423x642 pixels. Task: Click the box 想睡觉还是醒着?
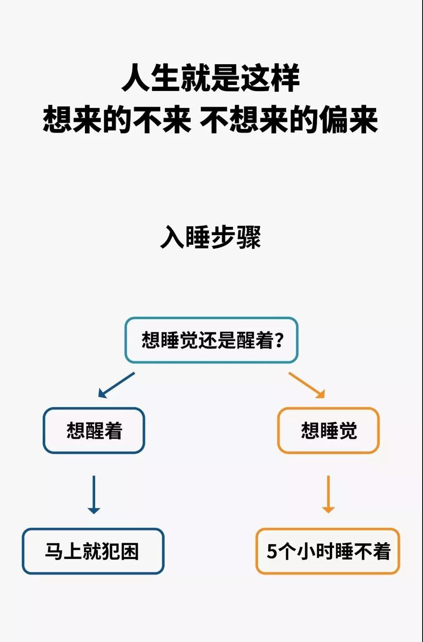coord(211,340)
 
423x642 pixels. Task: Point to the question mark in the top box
coord(280,340)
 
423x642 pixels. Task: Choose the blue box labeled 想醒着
coord(94,430)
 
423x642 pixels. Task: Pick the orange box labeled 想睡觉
coord(328,430)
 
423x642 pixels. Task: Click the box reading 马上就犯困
coord(93,551)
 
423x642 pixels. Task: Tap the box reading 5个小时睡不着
coord(328,551)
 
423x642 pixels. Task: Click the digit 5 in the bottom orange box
coord(272,551)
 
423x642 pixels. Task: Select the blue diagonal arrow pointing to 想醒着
coord(116,385)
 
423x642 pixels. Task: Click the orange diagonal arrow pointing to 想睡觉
coord(307,385)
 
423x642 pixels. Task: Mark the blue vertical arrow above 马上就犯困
coord(94,495)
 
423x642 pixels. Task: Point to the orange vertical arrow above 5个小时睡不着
coord(328,495)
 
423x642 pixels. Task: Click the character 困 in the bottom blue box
coord(130,551)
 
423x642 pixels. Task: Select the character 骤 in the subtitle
coord(249,237)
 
